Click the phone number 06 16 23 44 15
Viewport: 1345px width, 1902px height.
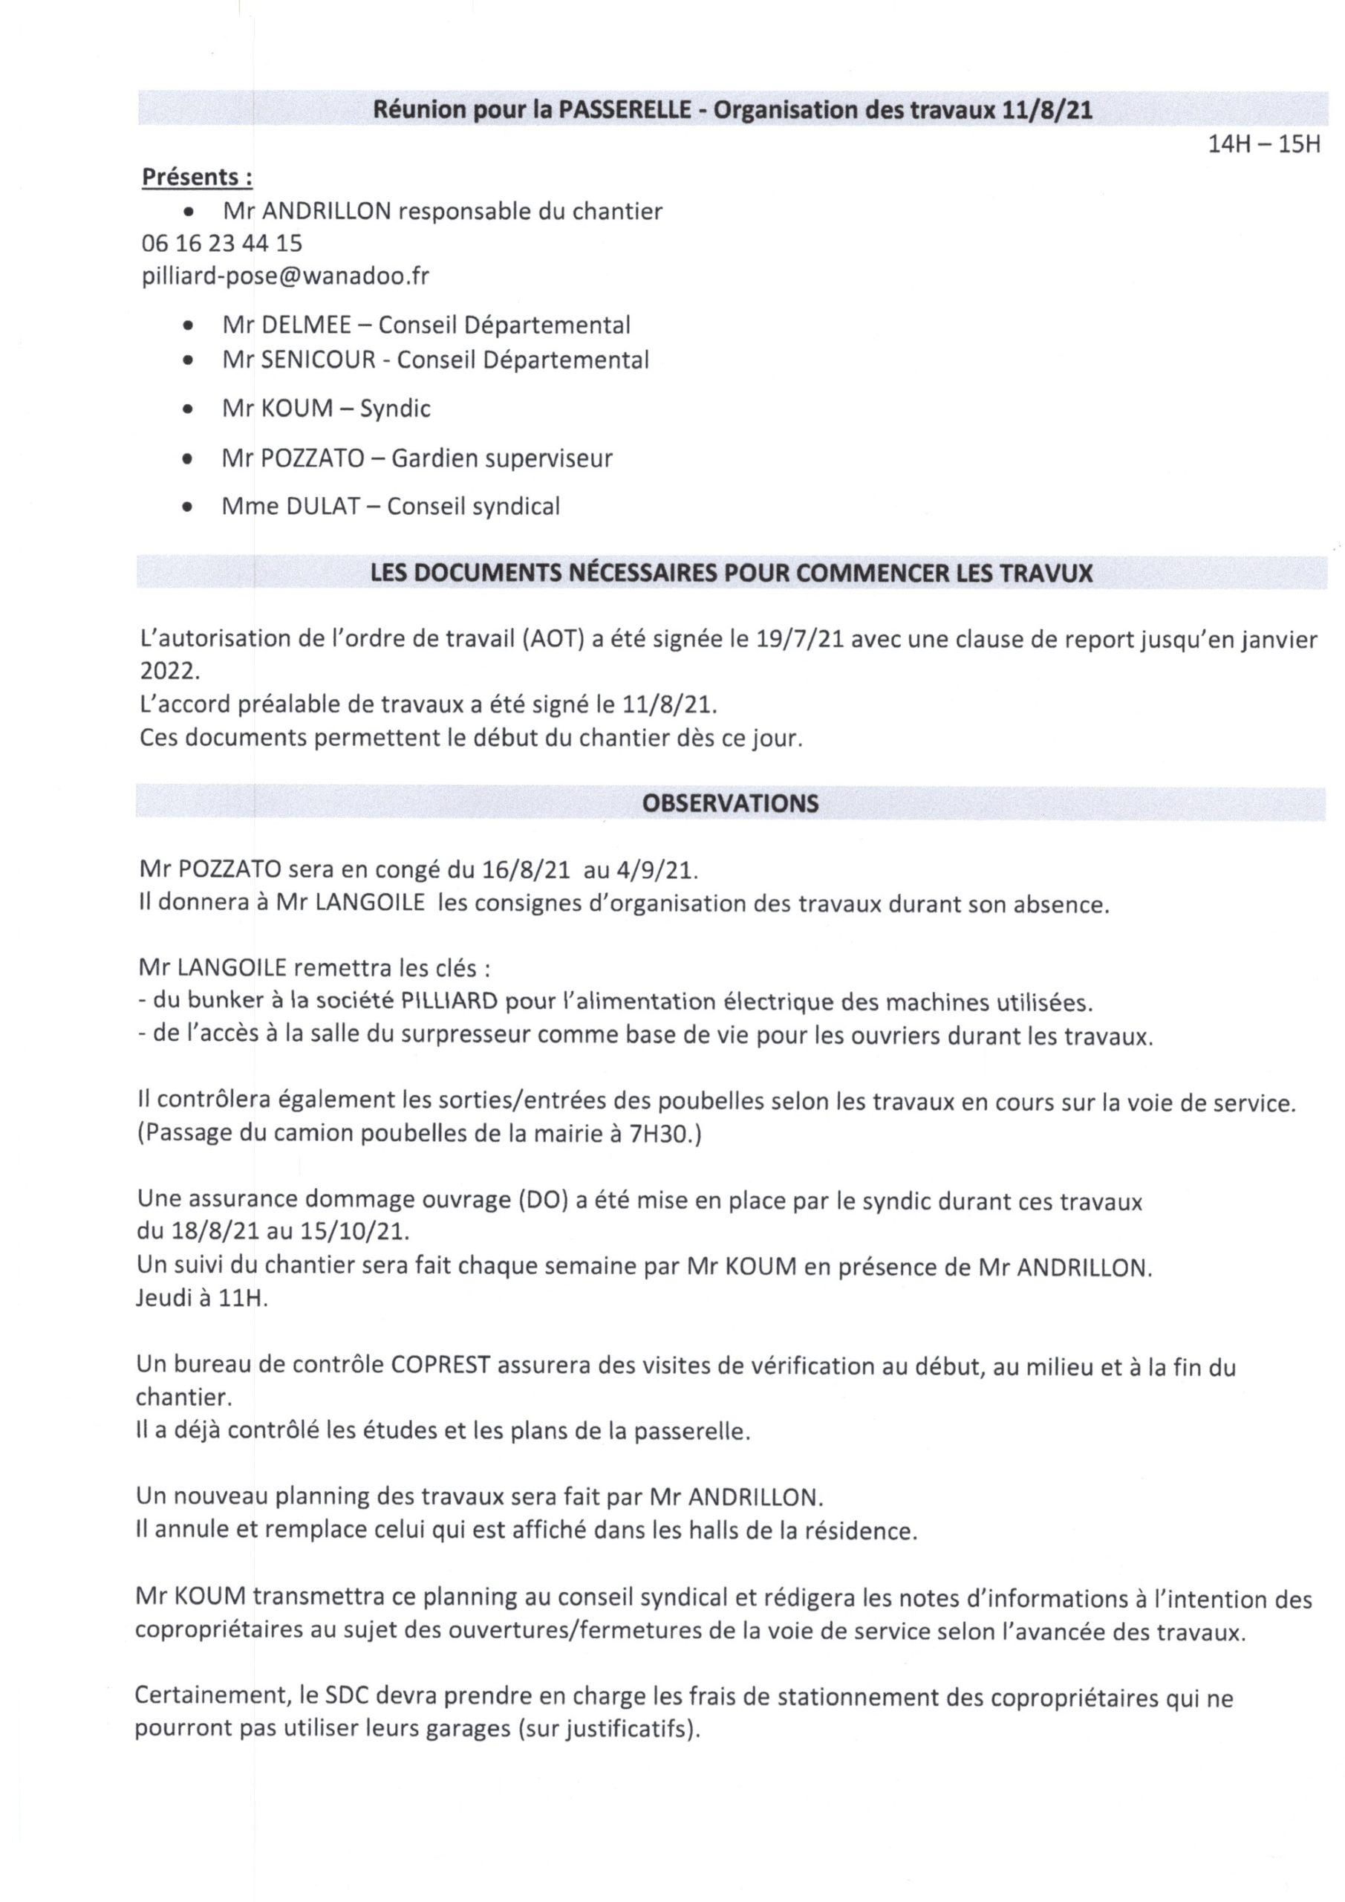click(x=222, y=243)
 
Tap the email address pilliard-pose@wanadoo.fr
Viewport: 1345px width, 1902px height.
click(x=285, y=275)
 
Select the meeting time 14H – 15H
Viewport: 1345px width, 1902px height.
click(x=1263, y=144)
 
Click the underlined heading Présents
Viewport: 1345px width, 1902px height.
click(x=196, y=178)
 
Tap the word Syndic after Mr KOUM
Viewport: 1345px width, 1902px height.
click(x=395, y=409)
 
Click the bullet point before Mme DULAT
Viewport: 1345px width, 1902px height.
click(x=189, y=506)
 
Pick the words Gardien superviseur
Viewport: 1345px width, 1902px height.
click(x=501, y=458)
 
